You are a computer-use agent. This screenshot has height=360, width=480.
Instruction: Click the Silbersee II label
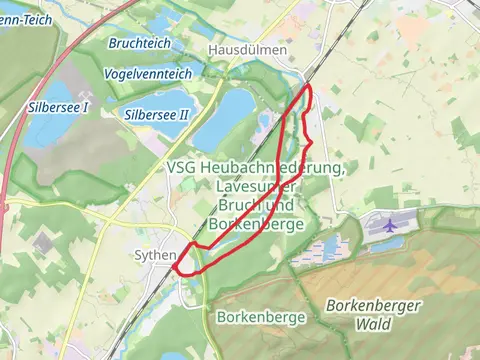pyautogui.click(x=157, y=115)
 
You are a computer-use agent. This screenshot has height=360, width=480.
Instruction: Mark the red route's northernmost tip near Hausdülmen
pyautogui.click(x=307, y=88)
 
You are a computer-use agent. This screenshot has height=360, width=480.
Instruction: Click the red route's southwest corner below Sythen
pyautogui.click(x=176, y=268)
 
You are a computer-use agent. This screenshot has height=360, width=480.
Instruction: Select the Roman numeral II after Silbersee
pyautogui.click(x=183, y=115)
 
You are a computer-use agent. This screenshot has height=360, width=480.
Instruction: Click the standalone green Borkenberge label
pyautogui.click(x=259, y=317)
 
